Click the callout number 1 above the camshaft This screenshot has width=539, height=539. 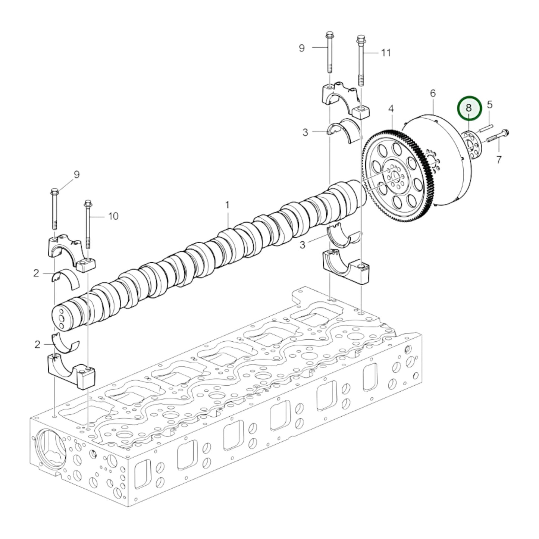[x=227, y=205]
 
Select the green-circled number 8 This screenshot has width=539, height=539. [x=469, y=108]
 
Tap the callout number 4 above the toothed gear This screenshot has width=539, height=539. [x=391, y=109]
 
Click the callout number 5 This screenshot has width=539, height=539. [x=489, y=104]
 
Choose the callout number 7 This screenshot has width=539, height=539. [x=499, y=160]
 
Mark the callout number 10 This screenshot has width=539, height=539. [x=113, y=216]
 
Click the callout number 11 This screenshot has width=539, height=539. [x=386, y=53]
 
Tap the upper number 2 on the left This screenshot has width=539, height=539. [x=36, y=273]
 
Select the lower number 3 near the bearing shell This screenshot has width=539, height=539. [x=303, y=245]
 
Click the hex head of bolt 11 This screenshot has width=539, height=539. [x=360, y=38]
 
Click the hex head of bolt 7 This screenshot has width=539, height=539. [x=505, y=132]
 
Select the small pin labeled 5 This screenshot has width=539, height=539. [x=485, y=128]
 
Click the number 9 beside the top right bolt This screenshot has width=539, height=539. [x=302, y=48]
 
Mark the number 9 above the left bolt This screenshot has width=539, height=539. [x=76, y=175]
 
